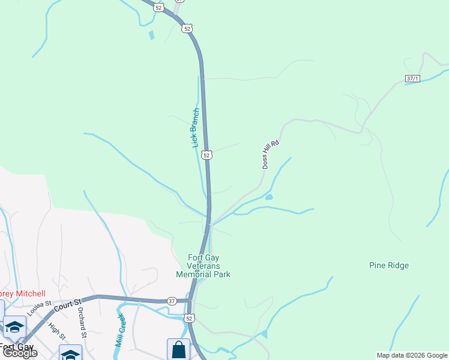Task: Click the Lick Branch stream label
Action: [x=194, y=128]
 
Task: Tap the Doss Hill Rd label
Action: [x=271, y=154]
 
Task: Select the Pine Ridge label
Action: [x=389, y=265]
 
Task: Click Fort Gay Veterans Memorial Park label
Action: [x=203, y=266]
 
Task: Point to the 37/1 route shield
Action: [x=412, y=79]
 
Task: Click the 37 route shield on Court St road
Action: [x=172, y=301]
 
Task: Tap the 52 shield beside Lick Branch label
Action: [x=206, y=155]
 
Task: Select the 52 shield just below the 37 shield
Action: [x=190, y=318]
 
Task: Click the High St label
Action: [x=56, y=331]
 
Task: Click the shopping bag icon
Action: [x=178, y=350]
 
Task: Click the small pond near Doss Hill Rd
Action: [x=268, y=197]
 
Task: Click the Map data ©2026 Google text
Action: [x=411, y=355]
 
